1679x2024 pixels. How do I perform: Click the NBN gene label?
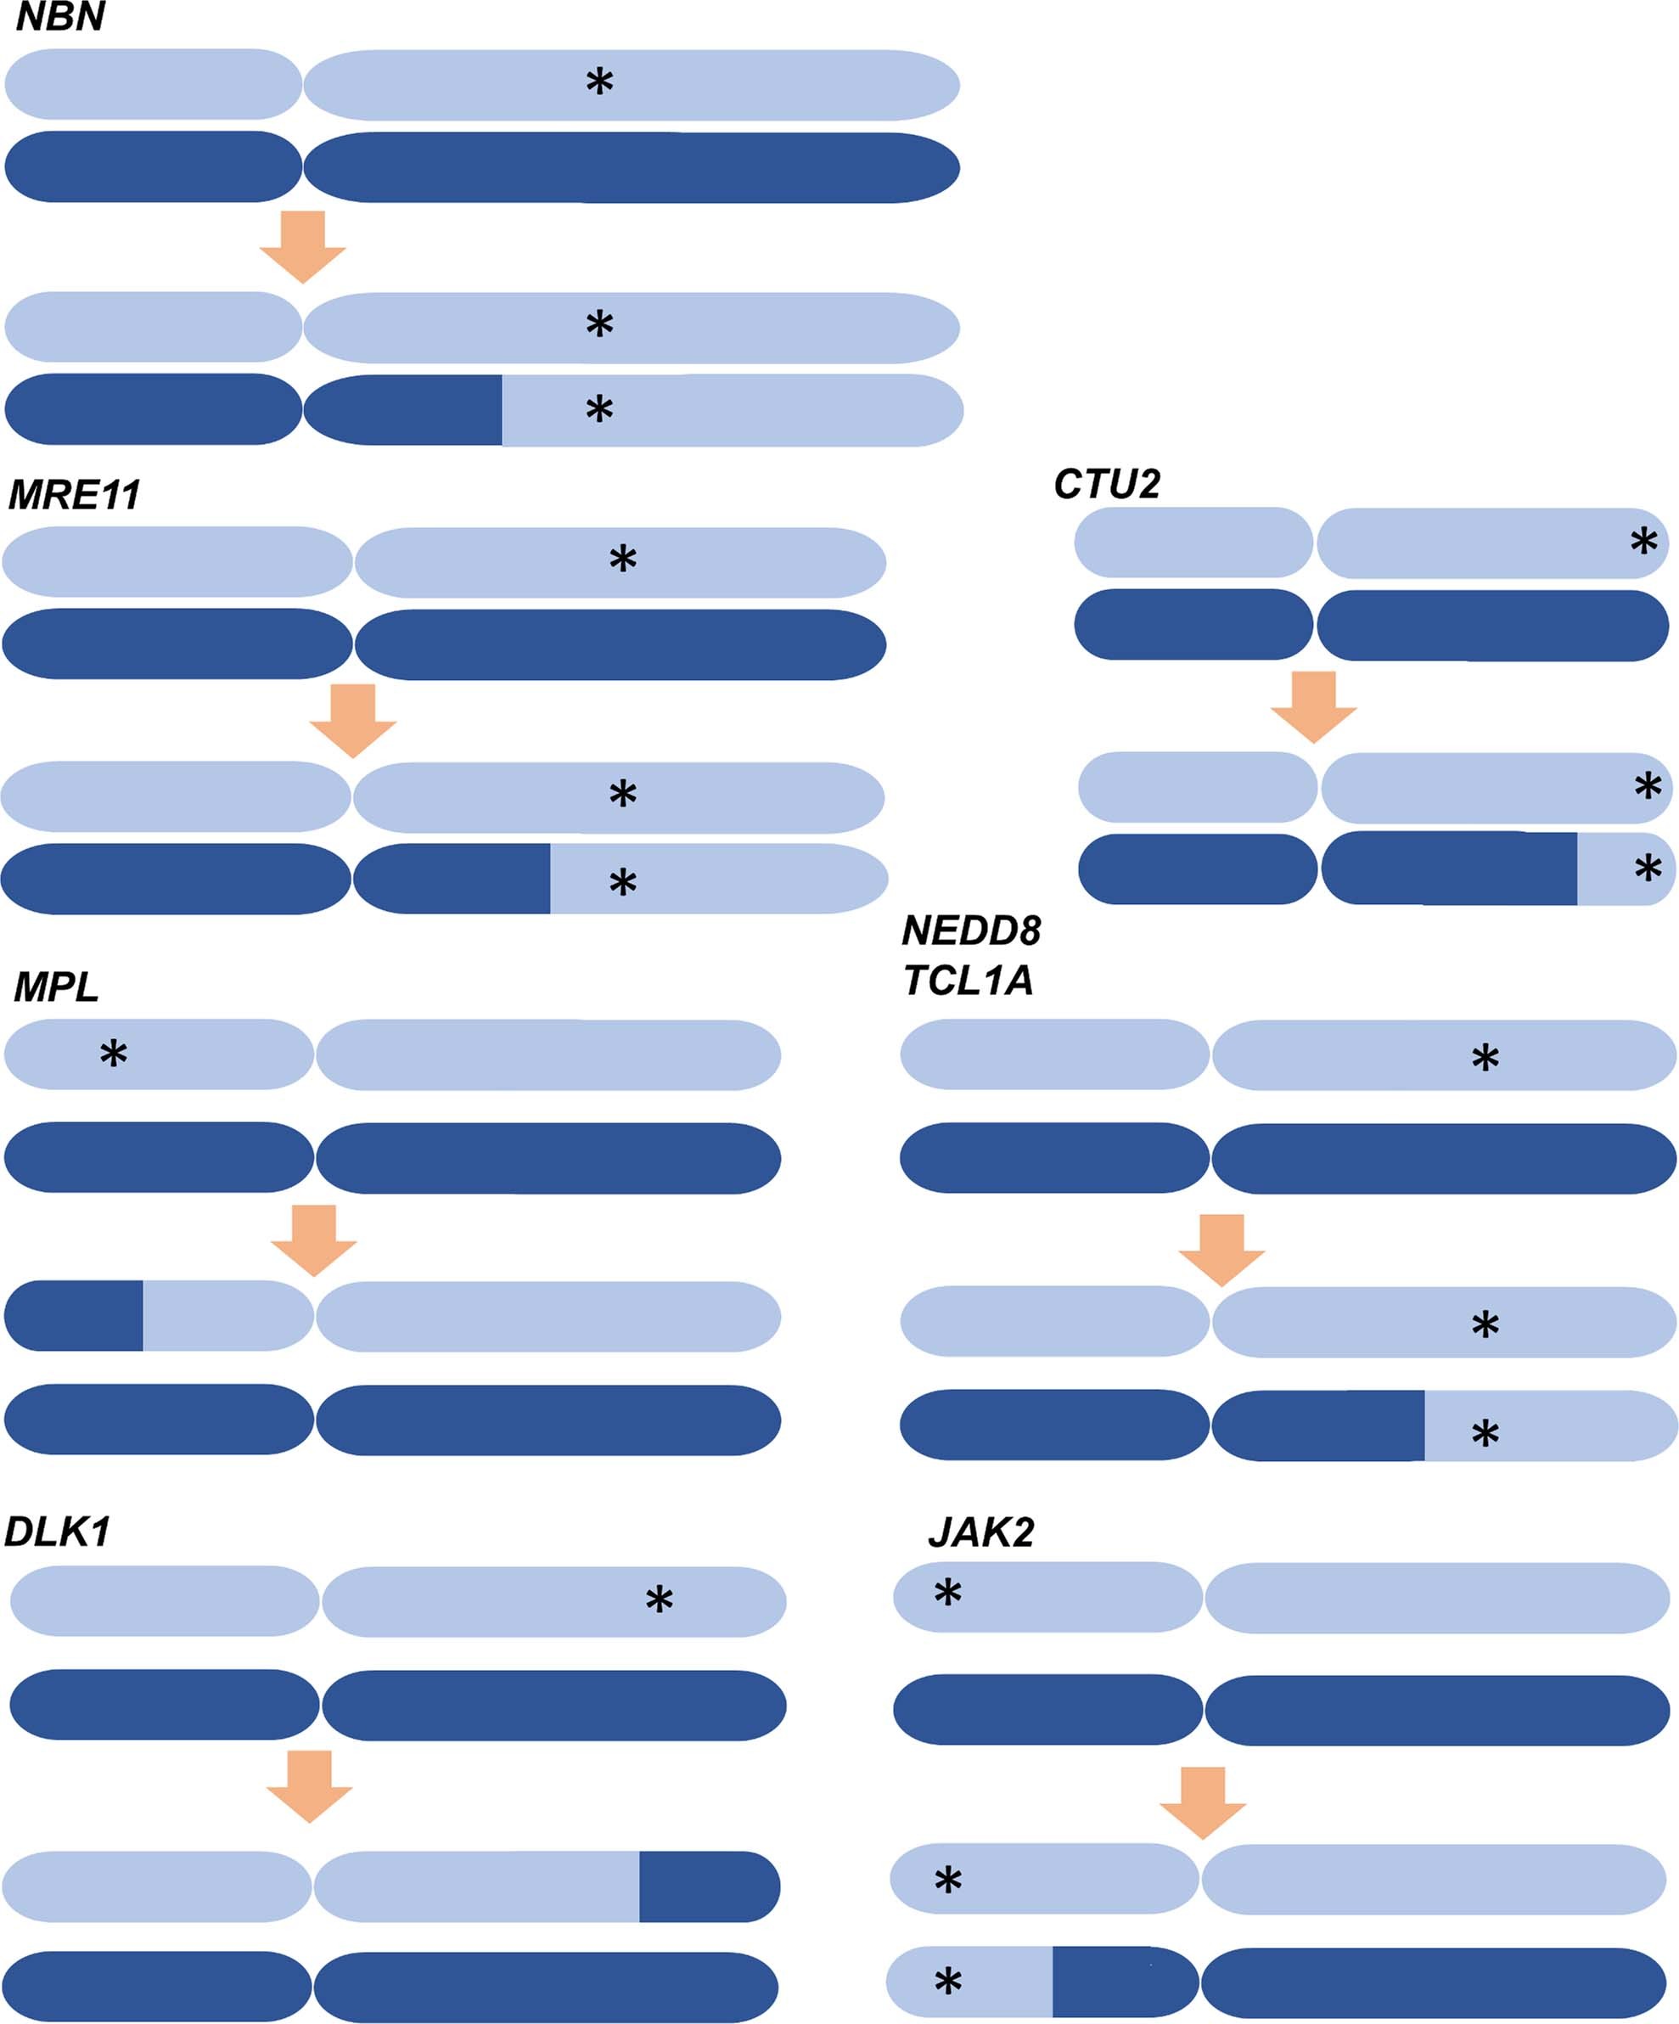59,17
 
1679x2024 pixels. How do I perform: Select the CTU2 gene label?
1107,484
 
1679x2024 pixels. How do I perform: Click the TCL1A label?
969,981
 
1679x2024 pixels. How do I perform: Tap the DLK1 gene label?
58,1532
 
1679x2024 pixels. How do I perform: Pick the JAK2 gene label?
981,1532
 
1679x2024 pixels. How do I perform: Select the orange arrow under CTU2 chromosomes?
1314,706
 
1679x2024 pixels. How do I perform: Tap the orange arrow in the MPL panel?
314,1240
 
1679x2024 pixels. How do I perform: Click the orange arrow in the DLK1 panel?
309,1786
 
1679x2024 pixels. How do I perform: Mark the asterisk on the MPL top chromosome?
114,1054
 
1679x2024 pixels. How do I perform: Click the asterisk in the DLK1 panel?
660,1601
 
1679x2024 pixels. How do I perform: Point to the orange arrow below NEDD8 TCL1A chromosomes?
1222,1250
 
